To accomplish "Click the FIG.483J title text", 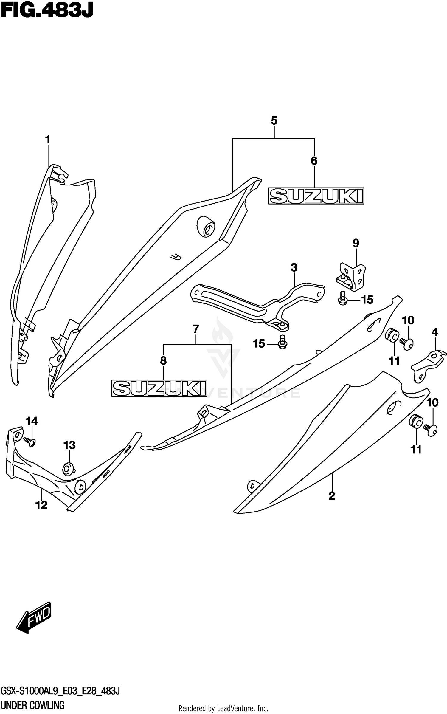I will click(47, 11).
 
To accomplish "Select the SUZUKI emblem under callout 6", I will click(316, 196).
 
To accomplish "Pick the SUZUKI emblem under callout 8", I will click(159, 388).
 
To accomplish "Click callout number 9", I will click(356, 243).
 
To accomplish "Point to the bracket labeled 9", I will click(352, 276).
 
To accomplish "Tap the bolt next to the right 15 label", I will click(342, 299).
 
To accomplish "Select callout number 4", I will click(434, 332).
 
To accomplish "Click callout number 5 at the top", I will click(274, 121).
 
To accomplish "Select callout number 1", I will click(47, 140).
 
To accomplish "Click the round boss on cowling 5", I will click(206, 228).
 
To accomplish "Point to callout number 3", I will click(294, 268).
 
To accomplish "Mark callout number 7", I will click(195, 329).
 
